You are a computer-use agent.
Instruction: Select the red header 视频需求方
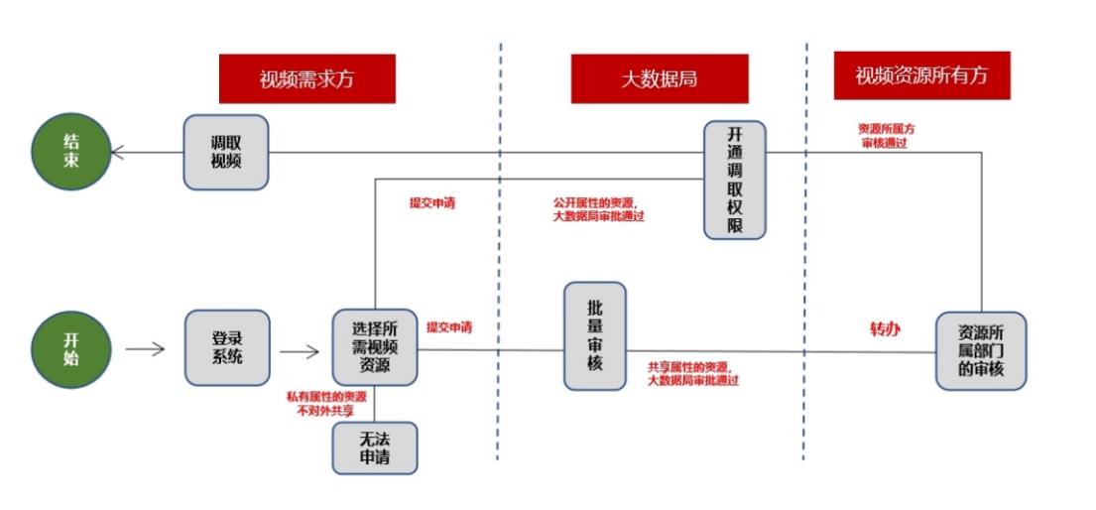[x=306, y=79]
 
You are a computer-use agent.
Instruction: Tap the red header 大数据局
[x=659, y=79]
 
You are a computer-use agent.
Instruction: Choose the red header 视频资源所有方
[x=921, y=75]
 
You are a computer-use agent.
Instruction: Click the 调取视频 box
[x=226, y=152]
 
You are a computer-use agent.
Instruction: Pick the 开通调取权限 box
[x=735, y=180]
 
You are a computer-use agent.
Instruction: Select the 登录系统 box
[x=227, y=347]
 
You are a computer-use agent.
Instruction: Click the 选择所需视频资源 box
[x=375, y=347]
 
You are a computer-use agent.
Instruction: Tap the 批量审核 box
[x=595, y=335]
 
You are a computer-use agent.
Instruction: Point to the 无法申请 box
[x=375, y=448]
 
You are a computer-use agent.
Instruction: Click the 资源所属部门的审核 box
[x=981, y=350]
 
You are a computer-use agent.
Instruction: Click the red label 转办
[x=885, y=328]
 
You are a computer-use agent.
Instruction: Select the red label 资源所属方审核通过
[x=886, y=136]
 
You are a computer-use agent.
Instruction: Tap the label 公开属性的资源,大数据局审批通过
[x=598, y=209]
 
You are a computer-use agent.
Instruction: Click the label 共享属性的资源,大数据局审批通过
[x=692, y=373]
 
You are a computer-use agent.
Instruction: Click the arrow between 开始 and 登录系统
[x=145, y=348]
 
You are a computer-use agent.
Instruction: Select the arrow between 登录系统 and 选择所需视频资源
[x=299, y=350]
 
